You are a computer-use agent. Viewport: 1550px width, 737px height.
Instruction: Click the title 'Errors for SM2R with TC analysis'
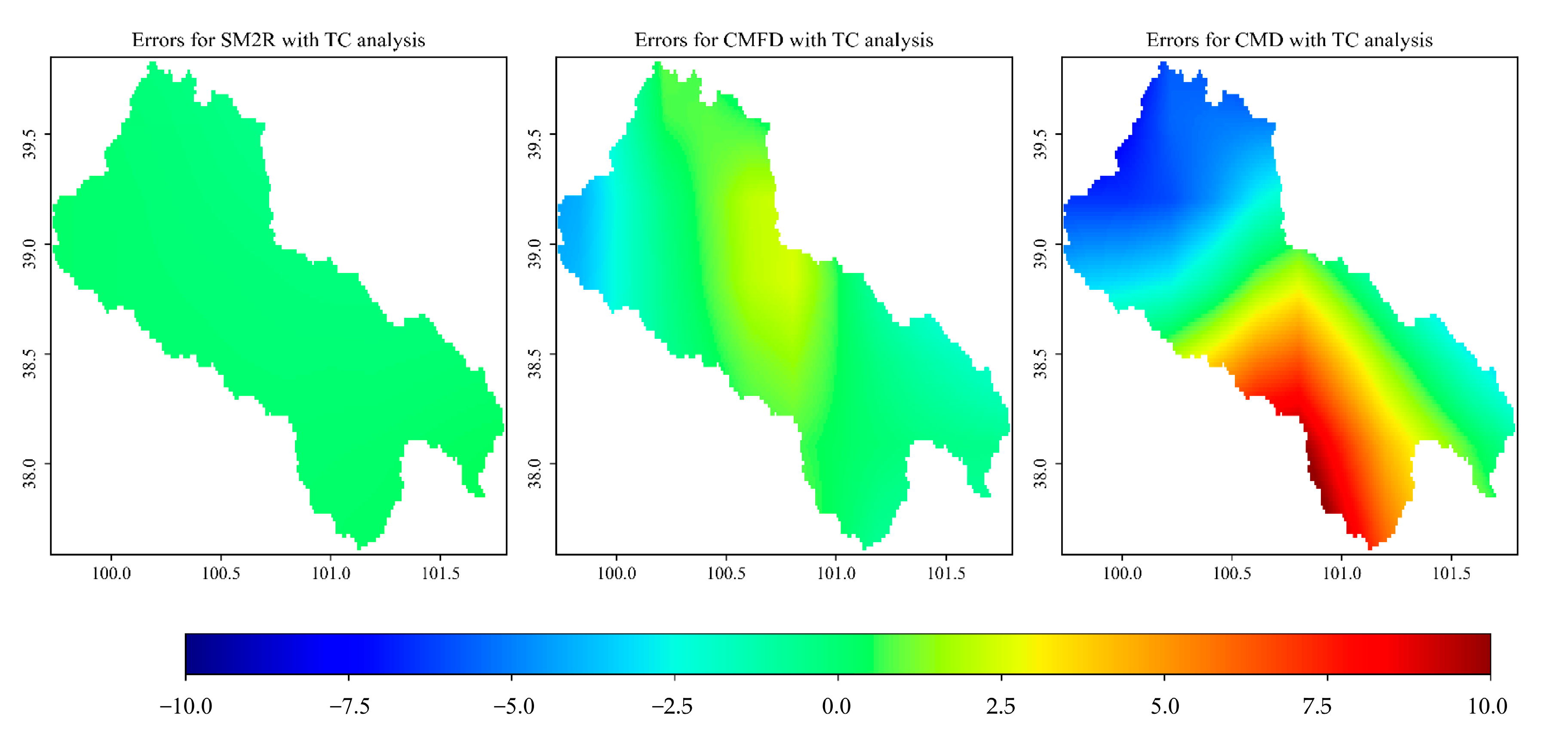pos(278,40)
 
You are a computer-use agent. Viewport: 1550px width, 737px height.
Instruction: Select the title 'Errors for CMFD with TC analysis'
pos(783,40)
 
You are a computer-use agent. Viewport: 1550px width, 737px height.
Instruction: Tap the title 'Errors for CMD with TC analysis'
pos(1289,40)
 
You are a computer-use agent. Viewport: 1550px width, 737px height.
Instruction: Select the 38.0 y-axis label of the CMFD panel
pos(534,473)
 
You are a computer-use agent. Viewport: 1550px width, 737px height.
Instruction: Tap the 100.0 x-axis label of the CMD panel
pos(1122,573)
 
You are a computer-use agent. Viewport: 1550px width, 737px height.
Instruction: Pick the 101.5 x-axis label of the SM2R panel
pos(440,573)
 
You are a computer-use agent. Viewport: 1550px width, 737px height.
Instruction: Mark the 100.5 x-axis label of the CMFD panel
pos(726,573)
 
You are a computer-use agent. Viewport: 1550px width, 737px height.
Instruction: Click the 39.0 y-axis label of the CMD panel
pos(1040,253)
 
